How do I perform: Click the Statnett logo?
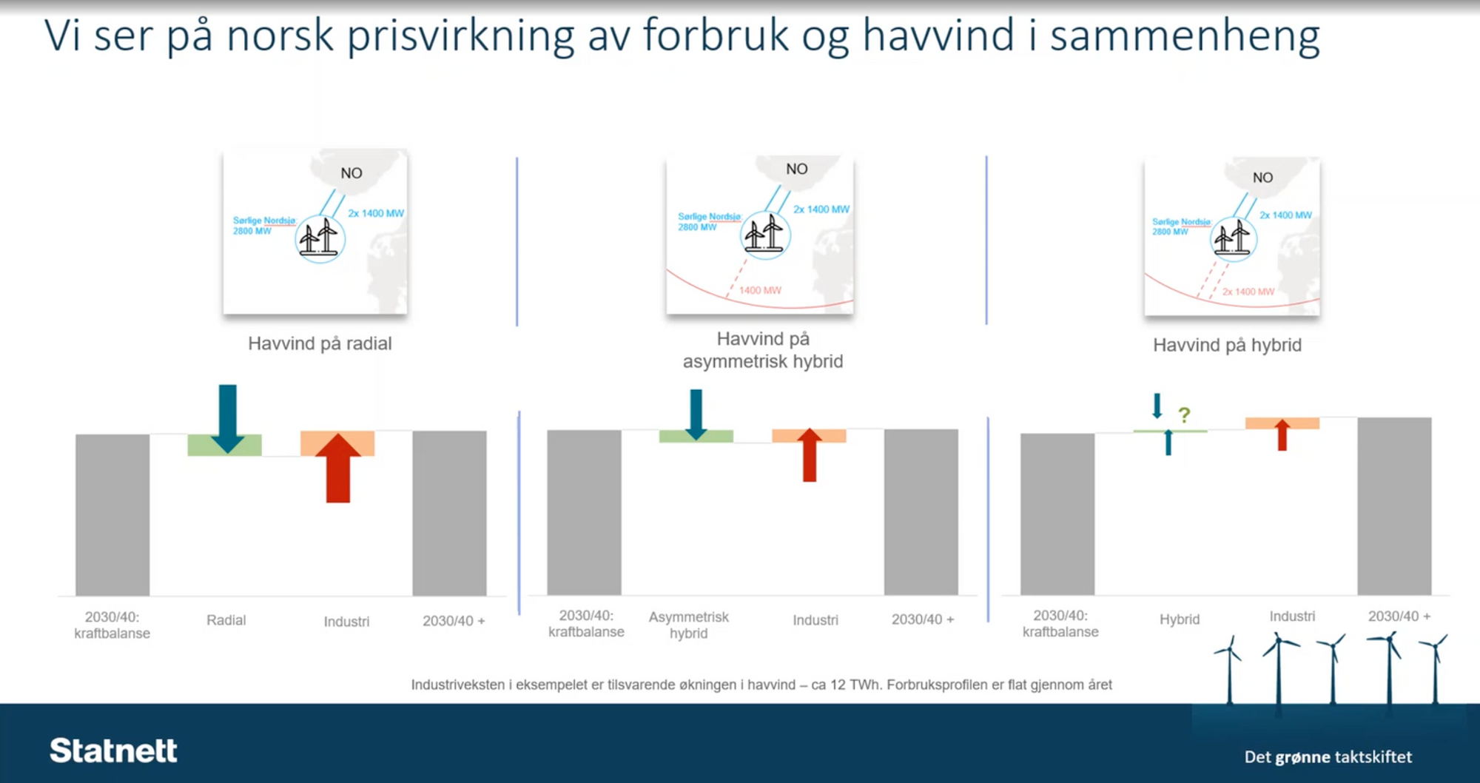pyautogui.click(x=113, y=750)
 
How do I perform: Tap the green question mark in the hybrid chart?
pyautogui.click(x=1184, y=415)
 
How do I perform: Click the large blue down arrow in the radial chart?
pyautogui.click(x=227, y=417)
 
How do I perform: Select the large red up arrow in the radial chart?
pyautogui.click(x=338, y=468)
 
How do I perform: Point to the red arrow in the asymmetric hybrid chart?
pyautogui.click(x=810, y=454)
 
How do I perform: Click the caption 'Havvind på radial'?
pyautogui.click(x=320, y=343)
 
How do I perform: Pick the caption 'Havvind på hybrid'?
pyautogui.click(x=1227, y=345)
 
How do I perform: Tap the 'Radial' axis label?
pyautogui.click(x=226, y=620)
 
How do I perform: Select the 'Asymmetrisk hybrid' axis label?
pyautogui.click(x=688, y=625)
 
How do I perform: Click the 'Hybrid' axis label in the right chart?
pyautogui.click(x=1179, y=619)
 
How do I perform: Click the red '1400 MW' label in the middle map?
pyautogui.click(x=760, y=290)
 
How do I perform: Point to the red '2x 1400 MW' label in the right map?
pyautogui.click(x=1248, y=292)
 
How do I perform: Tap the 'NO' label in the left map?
pyautogui.click(x=351, y=173)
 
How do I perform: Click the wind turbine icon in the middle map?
pyautogui.click(x=765, y=235)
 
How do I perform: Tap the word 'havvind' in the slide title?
pyautogui.click(x=938, y=35)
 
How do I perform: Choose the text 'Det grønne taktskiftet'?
pyautogui.click(x=1328, y=756)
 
